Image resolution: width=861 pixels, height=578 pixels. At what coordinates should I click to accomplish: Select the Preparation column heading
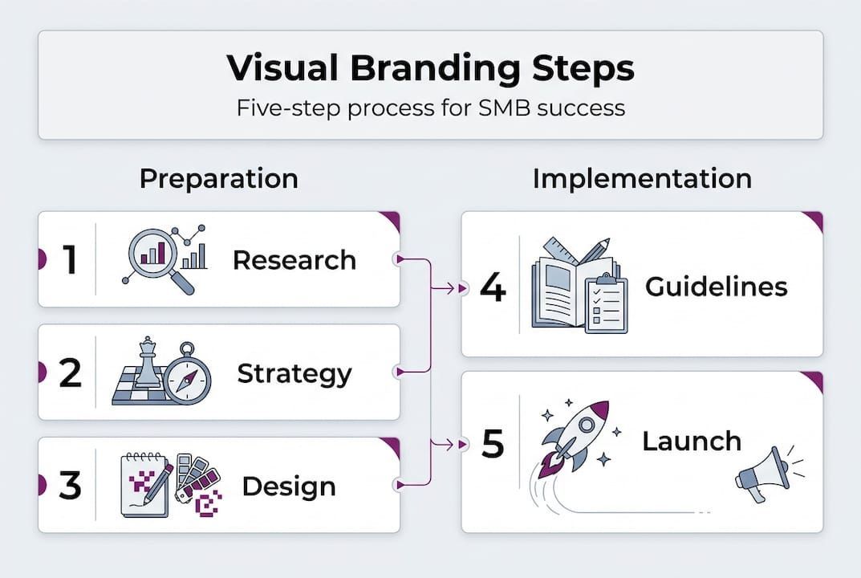(x=218, y=178)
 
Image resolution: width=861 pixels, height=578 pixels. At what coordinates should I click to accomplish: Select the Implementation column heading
(x=642, y=178)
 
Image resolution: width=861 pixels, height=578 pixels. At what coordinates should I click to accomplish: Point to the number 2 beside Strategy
(x=70, y=373)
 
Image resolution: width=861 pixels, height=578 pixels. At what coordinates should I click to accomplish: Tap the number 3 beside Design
(x=70, y=486)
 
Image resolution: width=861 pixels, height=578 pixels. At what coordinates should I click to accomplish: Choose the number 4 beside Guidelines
(x=492, y=287)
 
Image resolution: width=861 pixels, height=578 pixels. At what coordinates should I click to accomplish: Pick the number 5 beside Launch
(x=492, y=442)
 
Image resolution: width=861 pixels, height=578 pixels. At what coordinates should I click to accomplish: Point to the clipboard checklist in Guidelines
(x=605, y=303)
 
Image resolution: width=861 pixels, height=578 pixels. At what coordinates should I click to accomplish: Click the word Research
(x=294, y=260)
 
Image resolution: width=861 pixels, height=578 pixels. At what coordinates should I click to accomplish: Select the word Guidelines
(x=717, y=287)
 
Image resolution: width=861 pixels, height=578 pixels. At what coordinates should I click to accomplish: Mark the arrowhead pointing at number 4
(x=463, y=287)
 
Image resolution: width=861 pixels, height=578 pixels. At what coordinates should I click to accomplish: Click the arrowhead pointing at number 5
(x=463, y=442)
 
